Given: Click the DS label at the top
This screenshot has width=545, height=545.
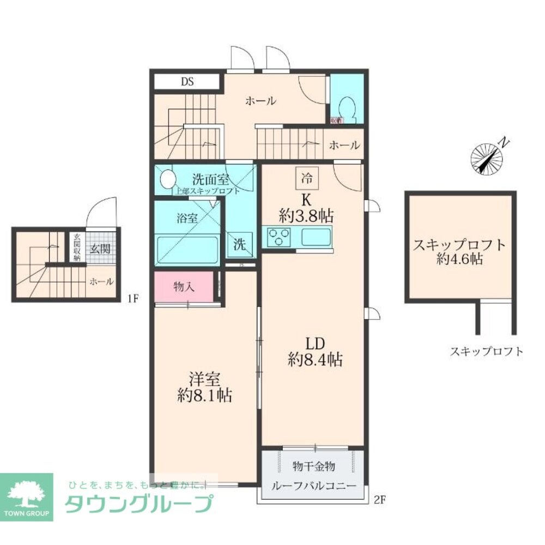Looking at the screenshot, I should pos(187,82).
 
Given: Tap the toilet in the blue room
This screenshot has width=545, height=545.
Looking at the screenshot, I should pos(346,110).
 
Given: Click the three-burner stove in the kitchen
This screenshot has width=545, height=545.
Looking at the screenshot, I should pos(279,237).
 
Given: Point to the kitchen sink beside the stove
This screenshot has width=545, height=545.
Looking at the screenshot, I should pos(316,237).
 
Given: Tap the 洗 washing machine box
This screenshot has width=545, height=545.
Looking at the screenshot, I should pos(240,245).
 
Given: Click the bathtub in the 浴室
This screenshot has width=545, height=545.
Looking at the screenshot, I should pos(187,250).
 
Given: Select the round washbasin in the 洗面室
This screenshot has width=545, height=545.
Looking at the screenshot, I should pos(168,179).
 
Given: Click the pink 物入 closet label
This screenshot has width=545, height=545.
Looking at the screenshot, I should pos(183,287).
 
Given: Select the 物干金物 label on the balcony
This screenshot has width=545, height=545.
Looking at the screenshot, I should pos(314,467).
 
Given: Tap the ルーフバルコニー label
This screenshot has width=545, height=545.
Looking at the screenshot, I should pos(314,485).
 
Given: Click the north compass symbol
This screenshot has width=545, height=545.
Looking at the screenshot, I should pos(487,158).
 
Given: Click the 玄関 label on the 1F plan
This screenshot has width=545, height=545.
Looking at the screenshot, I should pos(100,249).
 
